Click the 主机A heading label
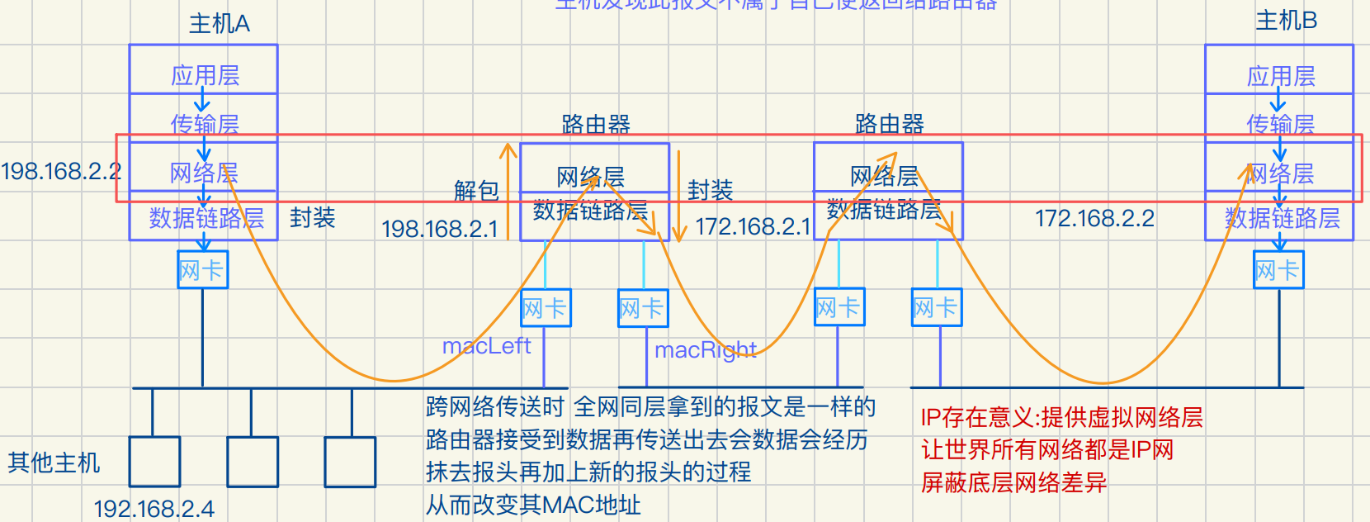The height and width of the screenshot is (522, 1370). point(219,23)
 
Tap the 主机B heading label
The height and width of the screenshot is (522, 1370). point(1285,21)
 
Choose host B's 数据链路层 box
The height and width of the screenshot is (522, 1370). point(1282,219)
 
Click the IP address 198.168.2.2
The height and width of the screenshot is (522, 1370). point(61,171)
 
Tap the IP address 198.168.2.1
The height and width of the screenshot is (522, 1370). point(440,229)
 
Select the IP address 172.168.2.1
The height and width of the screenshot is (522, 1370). point(753,226)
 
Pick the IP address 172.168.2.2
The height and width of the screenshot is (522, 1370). point(1094,218)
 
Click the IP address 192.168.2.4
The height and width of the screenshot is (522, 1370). point(154,509)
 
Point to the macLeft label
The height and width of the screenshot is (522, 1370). point(486,346)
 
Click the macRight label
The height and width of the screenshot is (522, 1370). point(705,350)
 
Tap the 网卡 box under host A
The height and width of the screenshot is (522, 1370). point(202,270)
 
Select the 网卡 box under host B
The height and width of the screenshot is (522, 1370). point(1278,270)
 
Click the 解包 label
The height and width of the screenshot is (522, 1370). point(476,191)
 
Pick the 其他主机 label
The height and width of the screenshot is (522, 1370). point(54,463)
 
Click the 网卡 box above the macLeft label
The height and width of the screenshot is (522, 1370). point(546,309)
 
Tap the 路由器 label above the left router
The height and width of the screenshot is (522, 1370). point(595,125)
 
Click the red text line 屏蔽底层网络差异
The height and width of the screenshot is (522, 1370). point(1013,482)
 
